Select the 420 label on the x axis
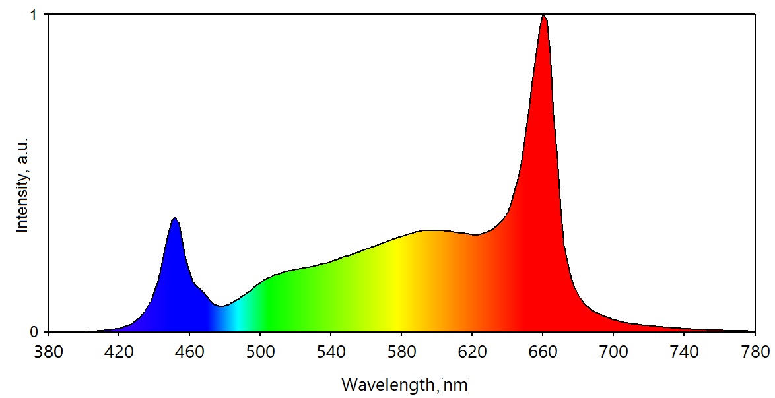coord(119,350)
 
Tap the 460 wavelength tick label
coord(189,350)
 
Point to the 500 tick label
coord(260,350)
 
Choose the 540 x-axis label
coord(331,350)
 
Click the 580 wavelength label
coord(401,350)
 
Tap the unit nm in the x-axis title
coord(456,384)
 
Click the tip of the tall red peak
coord(543,15)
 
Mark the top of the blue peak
coord(174,218)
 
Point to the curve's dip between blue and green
coord(222,306)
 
